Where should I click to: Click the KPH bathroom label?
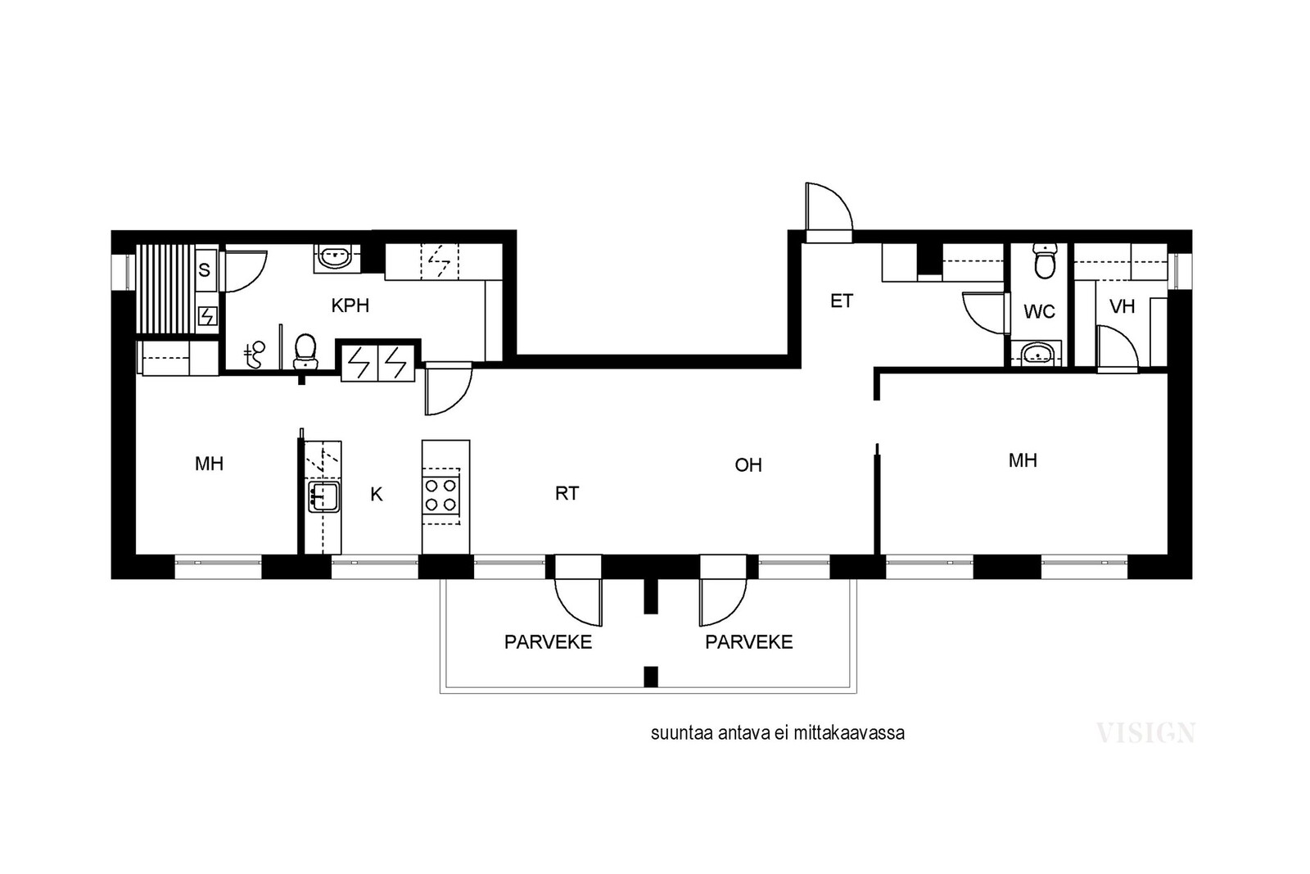click(x=350, y=306)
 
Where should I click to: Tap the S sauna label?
click(x=204, y=269)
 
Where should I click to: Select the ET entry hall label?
click(x=842, y=301)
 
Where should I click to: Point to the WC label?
click(x=1039, y=311)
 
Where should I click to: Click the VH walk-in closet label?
click(x=1122, y=306)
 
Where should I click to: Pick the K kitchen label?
click(x=376, y=494)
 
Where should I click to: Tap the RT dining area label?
click(x=567, y=493)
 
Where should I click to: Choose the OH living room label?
click(x=748, y=464)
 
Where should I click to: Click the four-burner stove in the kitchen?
click(x=441, y=495)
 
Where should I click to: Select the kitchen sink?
click(x=323, y=496)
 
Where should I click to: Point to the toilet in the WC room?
click(x=1045, y=261)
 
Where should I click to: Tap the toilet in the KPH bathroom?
click(x=305, y=351)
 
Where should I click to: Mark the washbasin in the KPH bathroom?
click(x=334, y=256)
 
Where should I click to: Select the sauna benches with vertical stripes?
click(x=165, y=289)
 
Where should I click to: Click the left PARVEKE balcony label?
click(x=548, y=641)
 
